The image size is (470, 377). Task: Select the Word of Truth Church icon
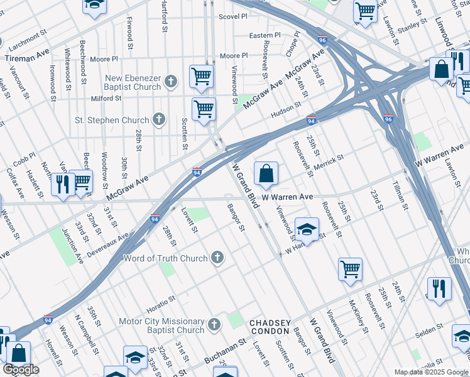(217, 257)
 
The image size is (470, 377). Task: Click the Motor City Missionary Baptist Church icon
(214, 324)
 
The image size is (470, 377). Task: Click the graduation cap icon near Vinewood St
(307, 230)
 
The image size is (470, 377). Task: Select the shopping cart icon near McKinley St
(350, 269)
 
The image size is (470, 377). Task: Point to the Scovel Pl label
(231, 17)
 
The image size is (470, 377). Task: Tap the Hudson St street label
(283, 114)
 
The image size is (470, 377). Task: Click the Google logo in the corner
(21, 369)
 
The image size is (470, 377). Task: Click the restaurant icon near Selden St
(439, 288)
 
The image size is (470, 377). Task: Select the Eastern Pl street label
(265, 36)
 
